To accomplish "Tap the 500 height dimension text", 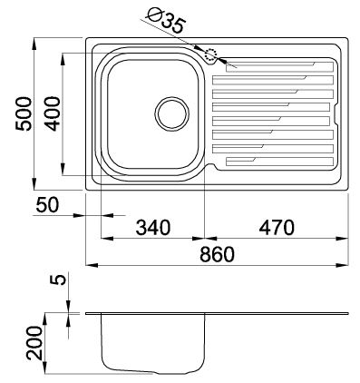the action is point(24,113).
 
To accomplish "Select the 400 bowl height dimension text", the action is point(54,113).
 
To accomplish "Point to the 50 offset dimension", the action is point(47,205).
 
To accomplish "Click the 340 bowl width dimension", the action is point(153,228).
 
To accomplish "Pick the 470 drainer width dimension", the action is point(277,228).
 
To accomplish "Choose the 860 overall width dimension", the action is point(217,254).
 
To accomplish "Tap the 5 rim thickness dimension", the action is point(60,279).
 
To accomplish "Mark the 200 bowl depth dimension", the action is point(34,343).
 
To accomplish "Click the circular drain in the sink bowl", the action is point(171,113).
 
